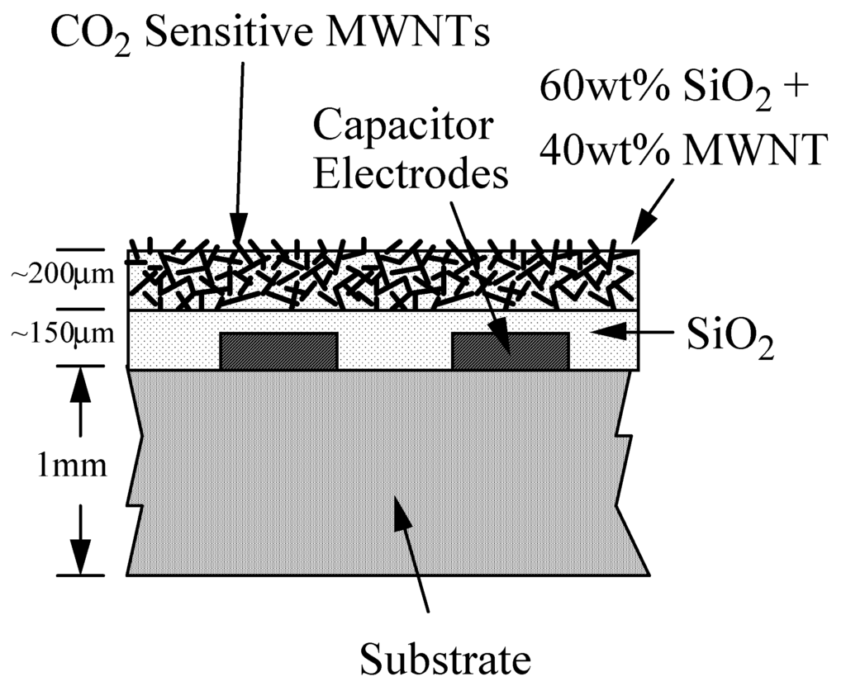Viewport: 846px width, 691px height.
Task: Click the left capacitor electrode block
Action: tap(279, 351)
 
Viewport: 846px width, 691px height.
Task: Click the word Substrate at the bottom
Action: tap(444, 660)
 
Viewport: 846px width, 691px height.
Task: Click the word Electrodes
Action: tap(411, 175)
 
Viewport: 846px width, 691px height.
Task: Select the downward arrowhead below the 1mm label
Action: tap(80, 551)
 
